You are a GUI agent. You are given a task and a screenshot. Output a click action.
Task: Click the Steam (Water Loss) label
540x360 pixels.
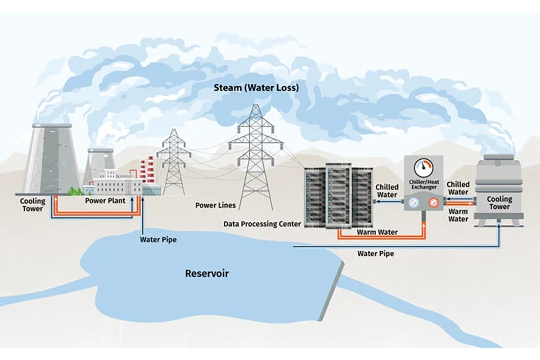pos(256,88)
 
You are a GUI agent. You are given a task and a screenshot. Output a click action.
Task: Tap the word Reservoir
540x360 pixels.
pos(207,274)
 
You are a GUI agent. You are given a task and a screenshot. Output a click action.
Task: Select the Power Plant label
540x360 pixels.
pos(105,201)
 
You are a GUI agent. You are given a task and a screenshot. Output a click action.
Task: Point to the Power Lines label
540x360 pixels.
pos(215,205)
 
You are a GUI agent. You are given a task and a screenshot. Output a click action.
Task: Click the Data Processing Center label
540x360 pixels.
pos(262,224)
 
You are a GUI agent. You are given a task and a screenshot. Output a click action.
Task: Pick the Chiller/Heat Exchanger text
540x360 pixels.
pos(424,184)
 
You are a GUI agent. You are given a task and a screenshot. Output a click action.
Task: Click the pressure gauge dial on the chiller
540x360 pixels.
pos(423,167)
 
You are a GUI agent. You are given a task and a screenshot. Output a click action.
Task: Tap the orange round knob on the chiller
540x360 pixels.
pos(433,203)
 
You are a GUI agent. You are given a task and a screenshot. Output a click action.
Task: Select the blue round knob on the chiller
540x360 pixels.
pos(414,203)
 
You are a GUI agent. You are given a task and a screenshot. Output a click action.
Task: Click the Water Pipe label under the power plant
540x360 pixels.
pos(158,239)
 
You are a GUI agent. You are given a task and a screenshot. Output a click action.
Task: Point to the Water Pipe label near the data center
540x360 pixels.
pos(376,253)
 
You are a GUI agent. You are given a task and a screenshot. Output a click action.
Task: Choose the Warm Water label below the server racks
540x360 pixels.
pos(377,232)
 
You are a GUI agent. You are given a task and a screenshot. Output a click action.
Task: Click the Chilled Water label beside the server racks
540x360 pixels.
pos(387,191)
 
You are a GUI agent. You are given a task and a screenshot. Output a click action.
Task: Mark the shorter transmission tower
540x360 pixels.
pos(174,162)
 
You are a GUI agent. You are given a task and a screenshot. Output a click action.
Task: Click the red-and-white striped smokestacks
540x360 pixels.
pos(147,170)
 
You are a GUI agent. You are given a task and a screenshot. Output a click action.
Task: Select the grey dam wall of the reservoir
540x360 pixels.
pos(332,292)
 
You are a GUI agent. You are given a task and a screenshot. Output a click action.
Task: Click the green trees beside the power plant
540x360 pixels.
pos(75,191)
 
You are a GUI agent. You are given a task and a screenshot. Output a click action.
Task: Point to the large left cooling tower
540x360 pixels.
pos(52,159)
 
